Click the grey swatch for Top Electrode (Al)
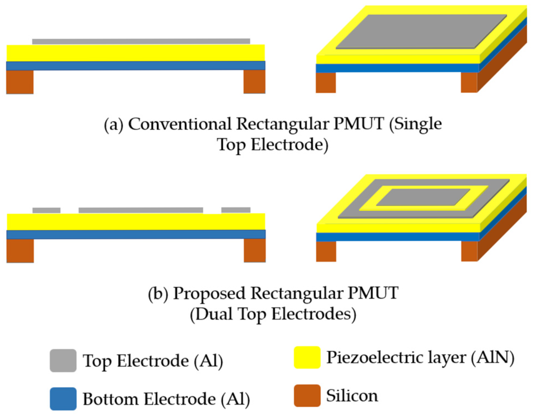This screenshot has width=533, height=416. pos(63,360)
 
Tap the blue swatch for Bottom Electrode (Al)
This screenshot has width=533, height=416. pos(63,398)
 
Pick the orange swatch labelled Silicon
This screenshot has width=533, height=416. pos(307,395)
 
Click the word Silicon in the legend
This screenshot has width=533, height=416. pos(352,396)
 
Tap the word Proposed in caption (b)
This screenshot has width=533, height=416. pos(209,293)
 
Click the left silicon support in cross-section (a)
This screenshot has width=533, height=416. pos(20,82)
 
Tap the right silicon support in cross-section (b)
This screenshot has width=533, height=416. pos(255,250)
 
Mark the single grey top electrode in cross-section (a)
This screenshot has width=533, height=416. pos(141,41)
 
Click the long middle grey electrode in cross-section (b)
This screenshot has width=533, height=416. pos(141,210)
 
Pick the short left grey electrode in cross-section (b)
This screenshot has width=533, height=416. pos(46,210)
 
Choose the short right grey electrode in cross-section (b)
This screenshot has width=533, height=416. pos(236,210)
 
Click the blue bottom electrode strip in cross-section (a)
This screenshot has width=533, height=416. pos(136,66)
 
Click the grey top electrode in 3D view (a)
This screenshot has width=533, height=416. pos(421,31)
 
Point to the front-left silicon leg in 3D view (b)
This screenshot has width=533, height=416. pos(326,251)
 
